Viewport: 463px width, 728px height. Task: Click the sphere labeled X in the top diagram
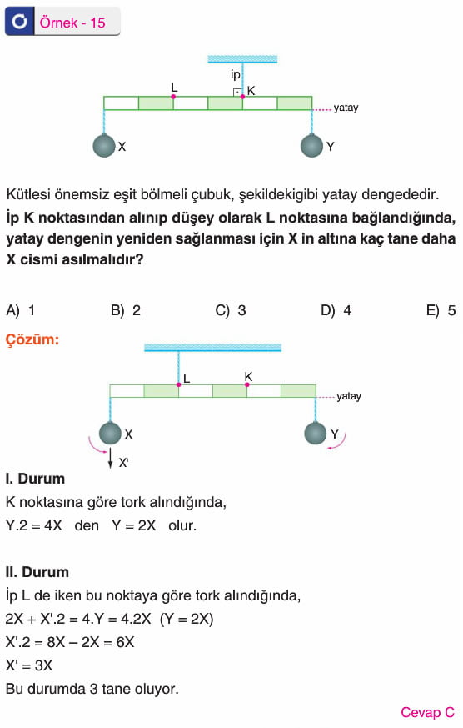point(104,146)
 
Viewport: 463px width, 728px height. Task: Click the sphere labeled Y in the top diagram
point(311,146)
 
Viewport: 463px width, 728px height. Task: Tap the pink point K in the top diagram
point(242,97)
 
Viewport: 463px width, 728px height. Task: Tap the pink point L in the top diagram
point(173,97)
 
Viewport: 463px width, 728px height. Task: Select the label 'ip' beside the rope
point(236,74)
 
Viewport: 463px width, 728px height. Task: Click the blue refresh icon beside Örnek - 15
point(19,22)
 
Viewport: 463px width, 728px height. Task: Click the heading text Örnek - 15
point(72,23)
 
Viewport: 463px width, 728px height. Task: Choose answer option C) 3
point(231,310)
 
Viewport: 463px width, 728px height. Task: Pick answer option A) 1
point(21,310)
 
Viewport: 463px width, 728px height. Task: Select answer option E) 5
point(441,310)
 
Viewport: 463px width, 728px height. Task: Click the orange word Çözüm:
point(32,339)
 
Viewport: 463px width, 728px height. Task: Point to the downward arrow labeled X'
point(110,459)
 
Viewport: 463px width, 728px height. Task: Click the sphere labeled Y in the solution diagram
point(316,433)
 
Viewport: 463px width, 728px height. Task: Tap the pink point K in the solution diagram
point(247,385)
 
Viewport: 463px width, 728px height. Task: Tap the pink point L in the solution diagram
point(178,385)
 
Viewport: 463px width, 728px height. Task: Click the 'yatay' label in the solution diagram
point(349,396)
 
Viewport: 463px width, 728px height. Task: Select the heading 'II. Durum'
point(37,572)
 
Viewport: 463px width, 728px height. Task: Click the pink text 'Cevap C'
point(428,712)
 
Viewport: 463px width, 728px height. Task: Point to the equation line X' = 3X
point(29,665)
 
